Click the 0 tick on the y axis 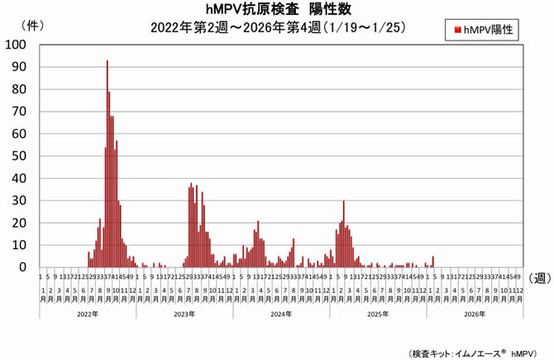tap(23, 267)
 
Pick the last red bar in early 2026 tap(432, 262)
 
